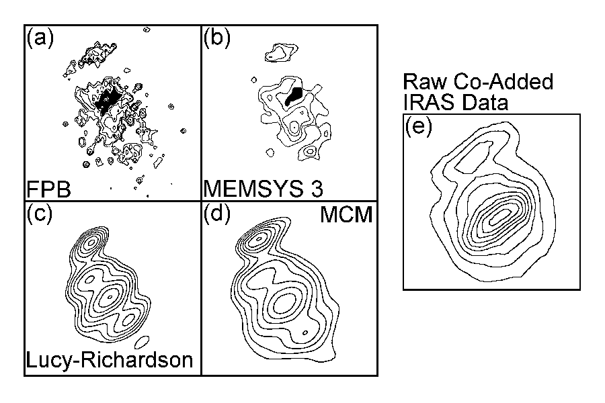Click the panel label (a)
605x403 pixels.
40,38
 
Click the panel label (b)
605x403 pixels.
217,38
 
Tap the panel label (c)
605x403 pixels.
40,214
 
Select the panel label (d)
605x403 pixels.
217,214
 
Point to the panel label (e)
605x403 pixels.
419,126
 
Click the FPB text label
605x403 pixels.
49,189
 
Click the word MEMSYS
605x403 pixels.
253,189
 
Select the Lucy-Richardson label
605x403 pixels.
109,360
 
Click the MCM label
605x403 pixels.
346,214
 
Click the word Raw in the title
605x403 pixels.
424,82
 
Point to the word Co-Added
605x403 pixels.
503,82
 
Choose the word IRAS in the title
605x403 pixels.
429,102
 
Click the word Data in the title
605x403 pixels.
485,102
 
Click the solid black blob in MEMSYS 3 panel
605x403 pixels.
294,97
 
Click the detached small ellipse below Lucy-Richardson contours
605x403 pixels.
142,342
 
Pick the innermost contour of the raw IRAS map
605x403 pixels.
500,217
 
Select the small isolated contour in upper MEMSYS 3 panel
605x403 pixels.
282,53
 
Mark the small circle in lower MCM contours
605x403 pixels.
305,332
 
